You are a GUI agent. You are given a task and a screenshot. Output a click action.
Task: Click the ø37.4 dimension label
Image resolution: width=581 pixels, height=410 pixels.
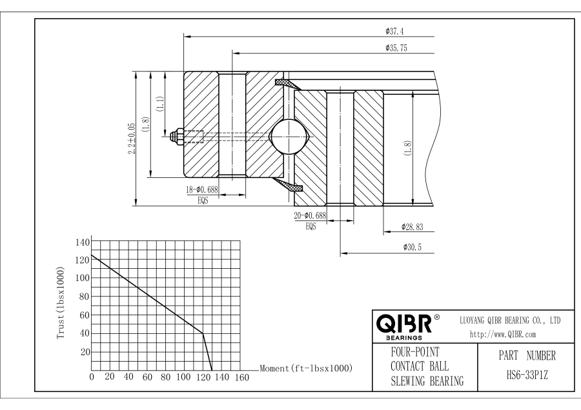click(393, 31)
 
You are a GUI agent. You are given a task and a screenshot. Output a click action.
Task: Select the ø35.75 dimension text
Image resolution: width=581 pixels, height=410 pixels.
click(395, 47)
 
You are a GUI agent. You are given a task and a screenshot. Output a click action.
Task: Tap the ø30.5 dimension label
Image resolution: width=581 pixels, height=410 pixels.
click(411, 248)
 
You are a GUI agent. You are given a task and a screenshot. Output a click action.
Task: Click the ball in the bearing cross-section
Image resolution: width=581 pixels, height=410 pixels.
click(289, 136)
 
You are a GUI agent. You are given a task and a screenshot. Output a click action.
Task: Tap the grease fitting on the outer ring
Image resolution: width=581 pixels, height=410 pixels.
click(174, 136)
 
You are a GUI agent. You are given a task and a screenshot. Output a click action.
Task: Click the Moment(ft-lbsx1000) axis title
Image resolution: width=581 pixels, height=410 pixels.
click(305, 368)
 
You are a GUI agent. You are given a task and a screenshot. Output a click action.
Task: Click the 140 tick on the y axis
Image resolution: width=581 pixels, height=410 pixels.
click(83, 242)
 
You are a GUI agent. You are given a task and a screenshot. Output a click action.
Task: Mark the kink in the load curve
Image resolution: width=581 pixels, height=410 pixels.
click(203, 333)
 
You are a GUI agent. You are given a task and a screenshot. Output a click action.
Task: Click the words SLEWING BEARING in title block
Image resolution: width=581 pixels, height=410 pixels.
click(427, 382)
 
